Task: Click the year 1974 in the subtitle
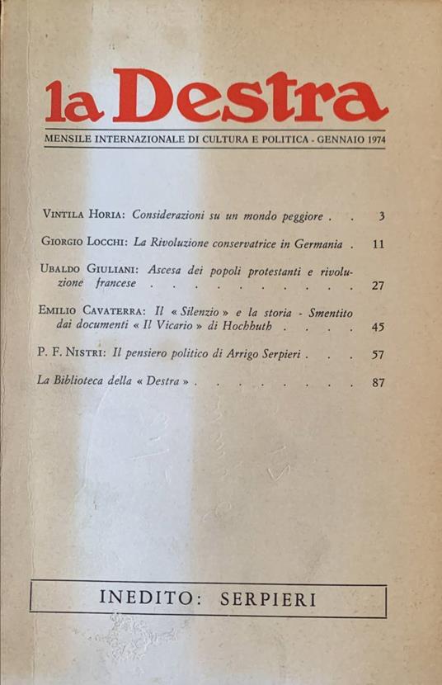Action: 371,140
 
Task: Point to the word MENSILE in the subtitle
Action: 69,140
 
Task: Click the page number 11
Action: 379,244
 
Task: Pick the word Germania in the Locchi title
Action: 319,243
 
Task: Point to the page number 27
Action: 379,286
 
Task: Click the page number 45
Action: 379,327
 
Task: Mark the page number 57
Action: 379,355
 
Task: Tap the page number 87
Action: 379,383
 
